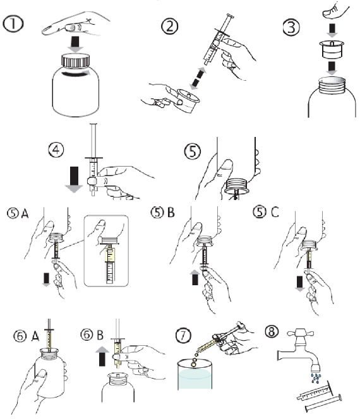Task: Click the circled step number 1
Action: click(13, 24)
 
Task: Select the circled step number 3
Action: click(291, 27)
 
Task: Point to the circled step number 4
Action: click(56, 150)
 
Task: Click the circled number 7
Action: click(184, 335)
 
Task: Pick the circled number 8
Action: click(272, 331)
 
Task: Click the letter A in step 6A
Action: click(35, 336)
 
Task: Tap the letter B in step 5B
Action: click(171, 213)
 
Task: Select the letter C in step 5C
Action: click(275, 212)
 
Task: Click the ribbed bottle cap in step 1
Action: click(76, 61)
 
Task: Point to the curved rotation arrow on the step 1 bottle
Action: click(76, 74)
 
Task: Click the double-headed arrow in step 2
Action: click(198, 78)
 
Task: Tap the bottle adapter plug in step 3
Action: click(332, 49)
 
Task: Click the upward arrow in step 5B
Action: click(195, 278)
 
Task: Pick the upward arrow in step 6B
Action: click(102, 356)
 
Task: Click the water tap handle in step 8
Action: click(301, 333)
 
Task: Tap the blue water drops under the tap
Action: click(316, 378)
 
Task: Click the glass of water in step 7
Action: click(195, 374)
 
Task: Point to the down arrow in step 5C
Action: click(299, 284)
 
